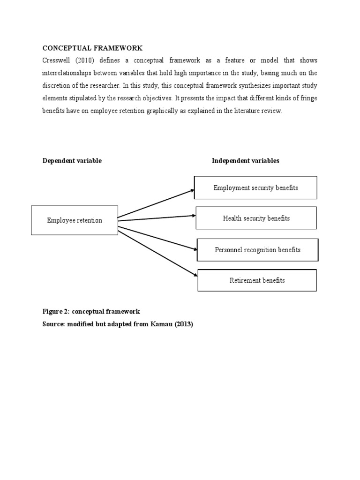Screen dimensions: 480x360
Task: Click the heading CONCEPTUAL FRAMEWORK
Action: tap(92, 48)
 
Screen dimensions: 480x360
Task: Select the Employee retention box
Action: tap(75, 220)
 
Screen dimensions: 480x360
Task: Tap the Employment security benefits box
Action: tap(255, 187)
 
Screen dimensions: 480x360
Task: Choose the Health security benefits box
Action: tap(256, 218)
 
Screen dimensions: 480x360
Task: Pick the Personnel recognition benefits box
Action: tap(257, 250)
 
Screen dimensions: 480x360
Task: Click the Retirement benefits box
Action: tap(257, 280)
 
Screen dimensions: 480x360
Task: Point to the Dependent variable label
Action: tap(72, 161)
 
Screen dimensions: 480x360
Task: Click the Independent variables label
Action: tap(245, 161)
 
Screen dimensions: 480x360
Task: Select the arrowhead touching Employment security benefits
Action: tap(192, 190)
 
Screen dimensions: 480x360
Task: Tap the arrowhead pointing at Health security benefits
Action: tap(193, 216)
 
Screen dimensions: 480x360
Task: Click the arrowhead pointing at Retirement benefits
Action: tap(195, 276)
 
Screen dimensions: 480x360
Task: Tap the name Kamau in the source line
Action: tap(165, 324)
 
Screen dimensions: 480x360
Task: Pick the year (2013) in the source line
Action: tap(184, 324)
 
